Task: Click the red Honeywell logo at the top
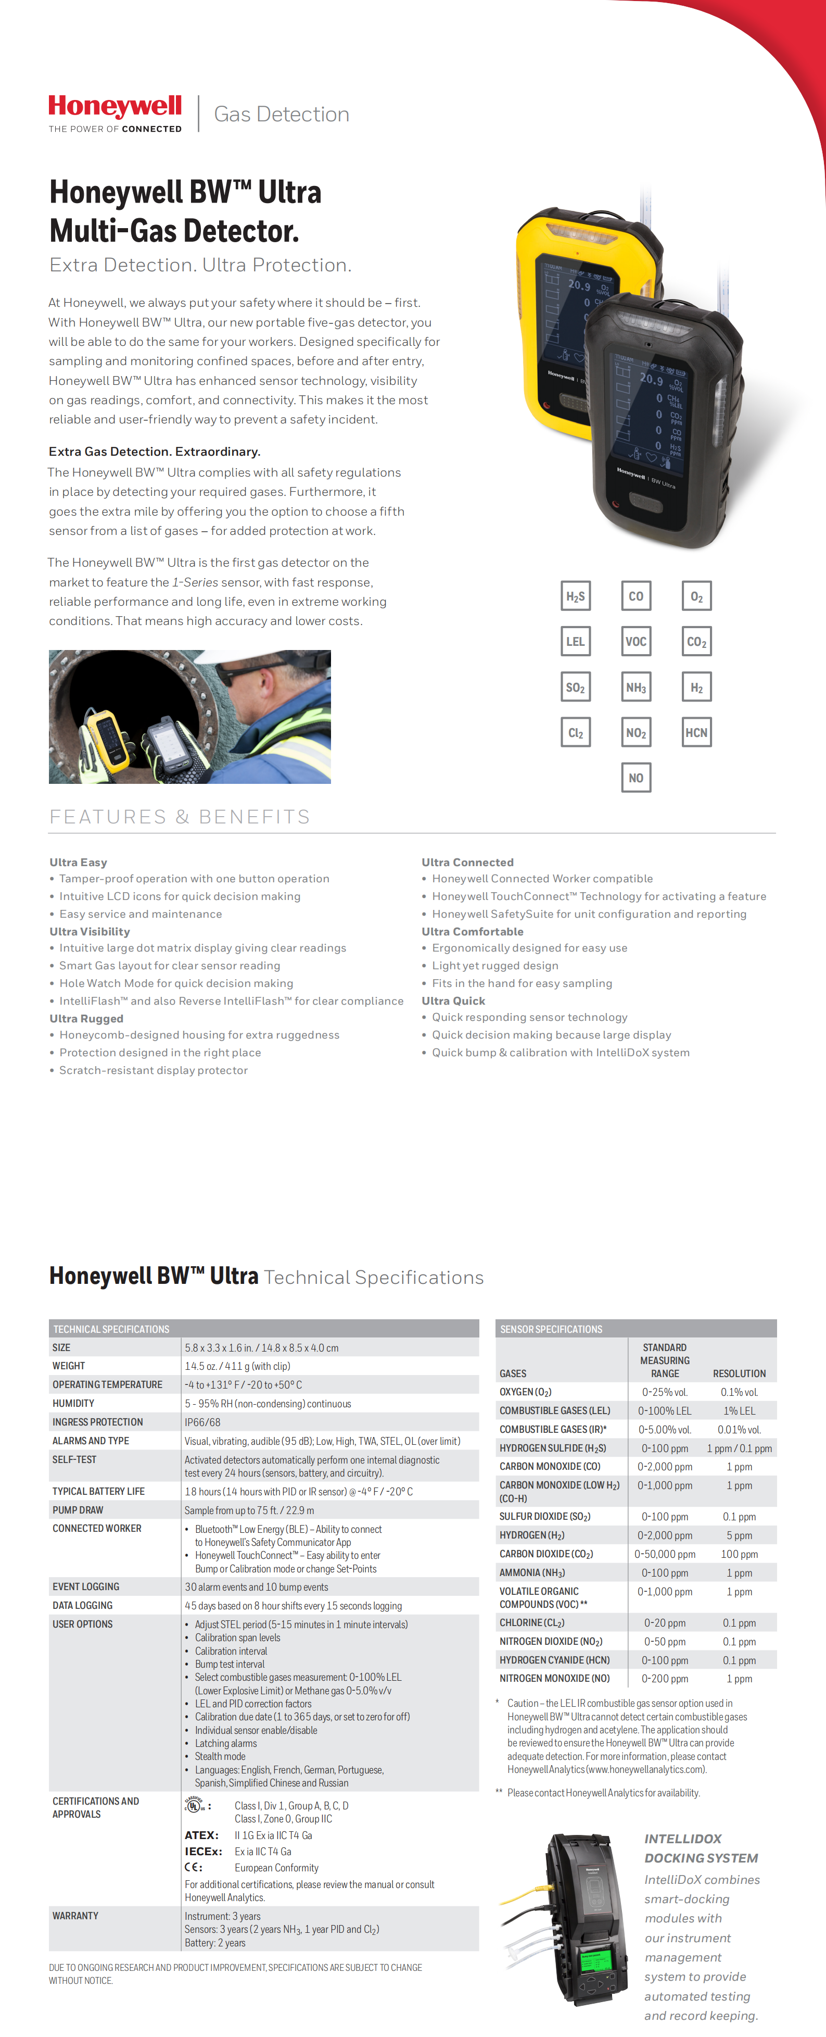coord(116,107)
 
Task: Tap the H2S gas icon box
coord(576,596)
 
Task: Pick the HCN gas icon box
coord(696,732)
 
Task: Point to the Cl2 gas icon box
coord(576,732)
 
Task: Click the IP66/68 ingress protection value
coord(203,1422)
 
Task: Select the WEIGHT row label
coord(69,1366)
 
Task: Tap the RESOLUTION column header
coord(739,1373)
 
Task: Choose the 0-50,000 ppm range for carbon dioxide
coord(666,1554)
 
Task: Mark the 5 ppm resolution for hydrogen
coord(739,1535)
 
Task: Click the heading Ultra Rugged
coord(86,1019)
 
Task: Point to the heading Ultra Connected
coord(467,862)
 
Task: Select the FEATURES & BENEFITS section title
coord(180,817)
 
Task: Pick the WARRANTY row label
coord(75,1915)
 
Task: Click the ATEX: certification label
coord(201,1834)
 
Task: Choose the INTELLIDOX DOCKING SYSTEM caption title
coord(701,1848)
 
